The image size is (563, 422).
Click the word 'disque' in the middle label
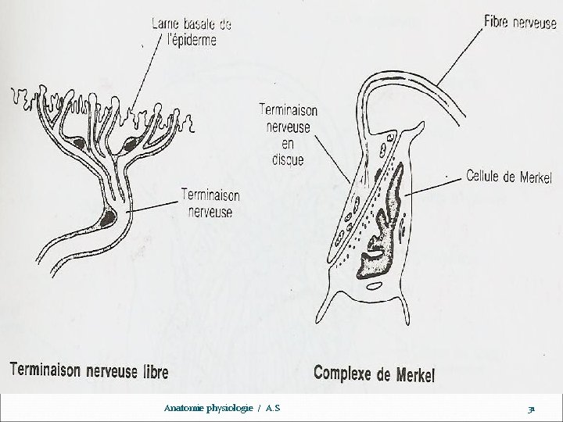click(x=283, y=161)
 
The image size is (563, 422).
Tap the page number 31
click(x=531, y=409)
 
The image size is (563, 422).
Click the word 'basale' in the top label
click(x=199, y=25)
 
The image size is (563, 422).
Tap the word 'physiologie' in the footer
click(x=236, y=408)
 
